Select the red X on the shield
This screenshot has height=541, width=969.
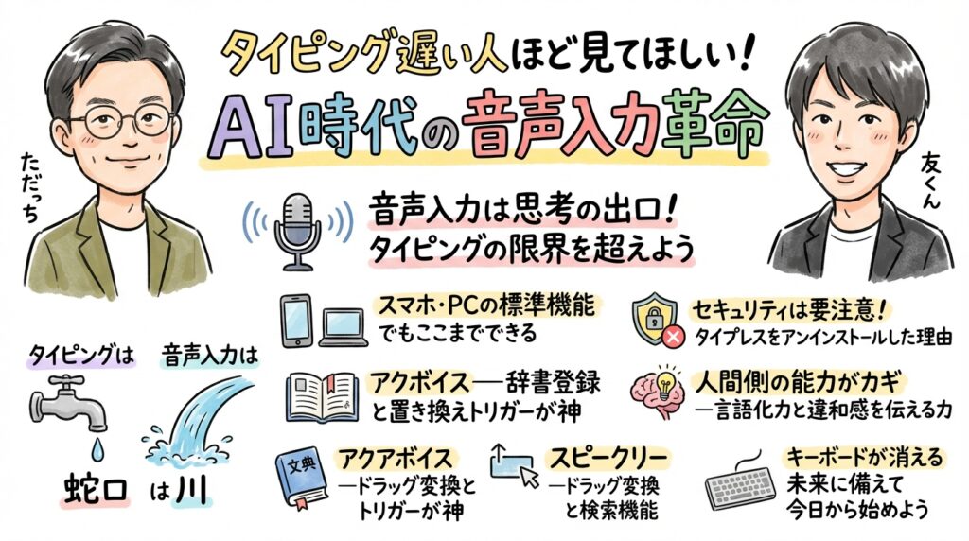click(x=674, y=335)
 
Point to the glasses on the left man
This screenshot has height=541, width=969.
click(x=123, y=121)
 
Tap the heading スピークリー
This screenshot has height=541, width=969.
click(x=607, y=459)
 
